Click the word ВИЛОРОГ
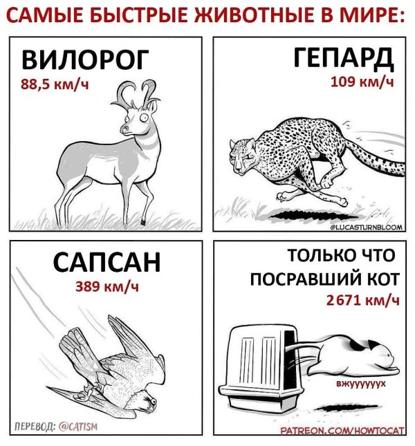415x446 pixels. coord(84,61)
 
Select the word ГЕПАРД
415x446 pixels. coord(342,58)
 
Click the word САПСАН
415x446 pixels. coord(107,263)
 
